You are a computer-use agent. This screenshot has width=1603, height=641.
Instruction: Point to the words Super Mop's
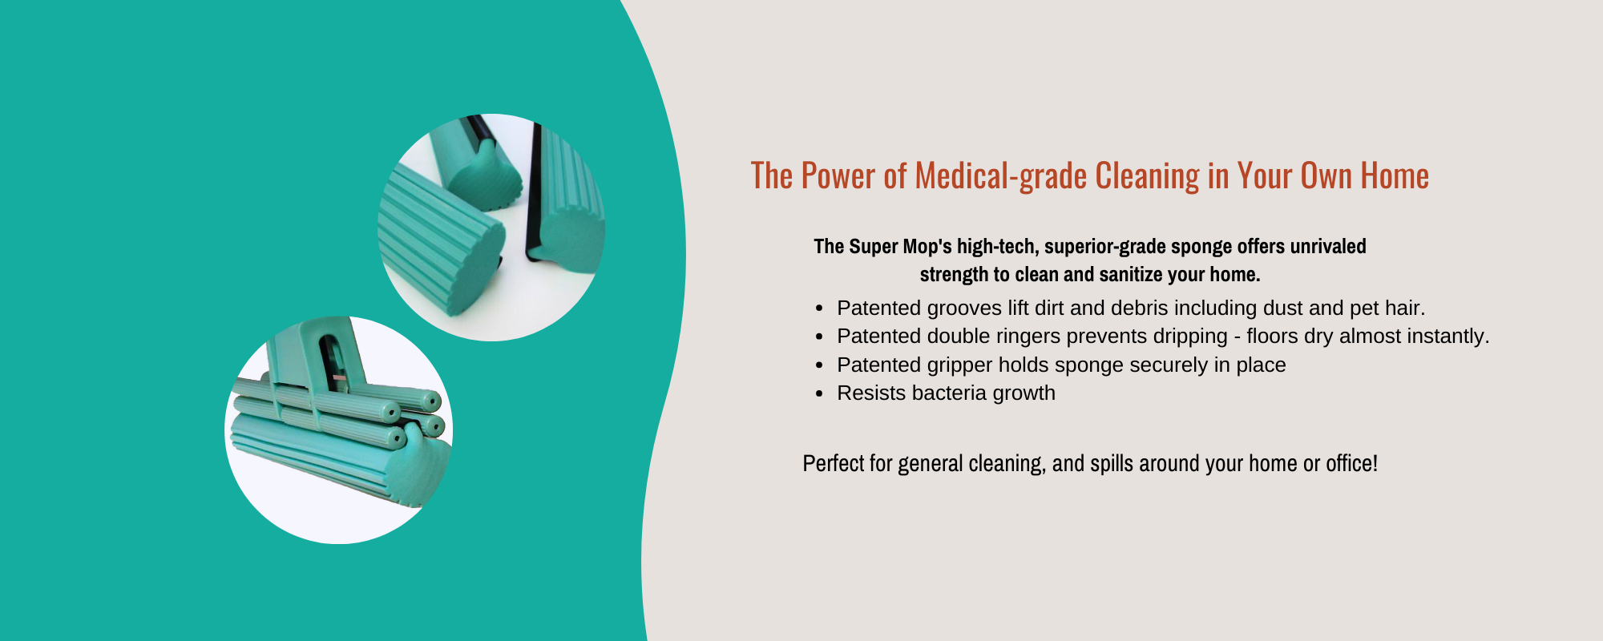[900, 246]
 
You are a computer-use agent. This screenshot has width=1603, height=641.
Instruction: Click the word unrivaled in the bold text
[1328, 246]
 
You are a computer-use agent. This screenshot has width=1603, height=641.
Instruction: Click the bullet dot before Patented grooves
[818, 308]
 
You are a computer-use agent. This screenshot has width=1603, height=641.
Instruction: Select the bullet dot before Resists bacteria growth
[818, 393]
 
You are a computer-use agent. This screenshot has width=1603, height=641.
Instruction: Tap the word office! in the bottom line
[1351, 463]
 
